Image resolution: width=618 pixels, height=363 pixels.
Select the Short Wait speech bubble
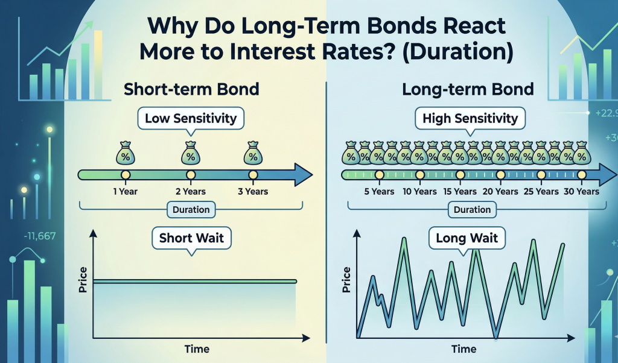click(192, 238)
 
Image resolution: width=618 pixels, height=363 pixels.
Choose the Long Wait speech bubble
click(467, 238)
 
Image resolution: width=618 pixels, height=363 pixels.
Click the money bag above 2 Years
click(191, 153)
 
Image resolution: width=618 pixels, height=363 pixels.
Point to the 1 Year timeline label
click(125, 192)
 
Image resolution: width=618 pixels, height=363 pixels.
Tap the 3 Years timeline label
click(253, 192)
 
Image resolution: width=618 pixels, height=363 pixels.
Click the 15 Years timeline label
click(460, 192)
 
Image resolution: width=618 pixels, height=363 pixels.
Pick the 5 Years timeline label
click(379, 192)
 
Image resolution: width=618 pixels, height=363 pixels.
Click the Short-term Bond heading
click(191, 90)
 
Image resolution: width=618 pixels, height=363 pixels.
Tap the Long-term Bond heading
click(468, 90)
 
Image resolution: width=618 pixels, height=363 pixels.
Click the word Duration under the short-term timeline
click(191, 210)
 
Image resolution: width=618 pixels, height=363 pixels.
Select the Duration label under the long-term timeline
click(473, 209)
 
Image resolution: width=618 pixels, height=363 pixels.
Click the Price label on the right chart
click(346, 279)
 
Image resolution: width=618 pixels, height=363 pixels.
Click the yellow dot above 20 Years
click(500, 175)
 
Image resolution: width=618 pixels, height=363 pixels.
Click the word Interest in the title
click(291, 51)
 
